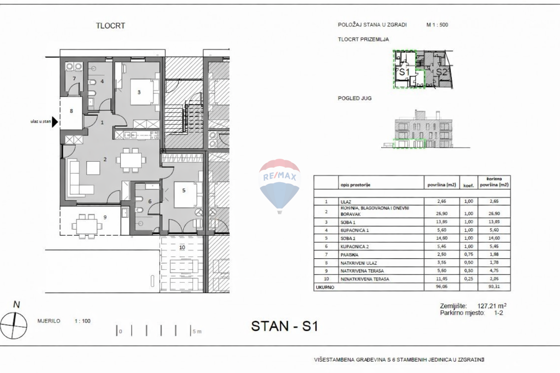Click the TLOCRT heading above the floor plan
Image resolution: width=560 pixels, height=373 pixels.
pyautogui.click(x=111, y=26)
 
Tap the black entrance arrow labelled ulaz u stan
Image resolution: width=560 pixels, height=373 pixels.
pyautogui.click(x=54, y=122)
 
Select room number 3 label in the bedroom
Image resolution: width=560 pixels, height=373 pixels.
pyautogui.click(x=139, y=92)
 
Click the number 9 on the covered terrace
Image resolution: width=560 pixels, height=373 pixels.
pyautogui.click(x=105, y=217)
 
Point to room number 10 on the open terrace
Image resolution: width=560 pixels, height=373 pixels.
pyautogui.click(x=182, y=247)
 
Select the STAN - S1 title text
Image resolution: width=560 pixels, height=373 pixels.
pyautogui.click(x=284, y=326)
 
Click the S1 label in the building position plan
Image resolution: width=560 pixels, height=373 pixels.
pyautogui.click(x=403, y=72)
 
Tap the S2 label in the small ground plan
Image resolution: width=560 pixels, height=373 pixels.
pyautogui.click(x=442, y=72)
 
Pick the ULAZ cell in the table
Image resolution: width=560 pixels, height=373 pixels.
pyautogui.click(x=347, y=201)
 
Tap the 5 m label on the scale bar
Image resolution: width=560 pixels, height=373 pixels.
pyautogui.click(x=197, y=332)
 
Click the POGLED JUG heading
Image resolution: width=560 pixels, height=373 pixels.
pyautogui.click(x=354, y=98)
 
